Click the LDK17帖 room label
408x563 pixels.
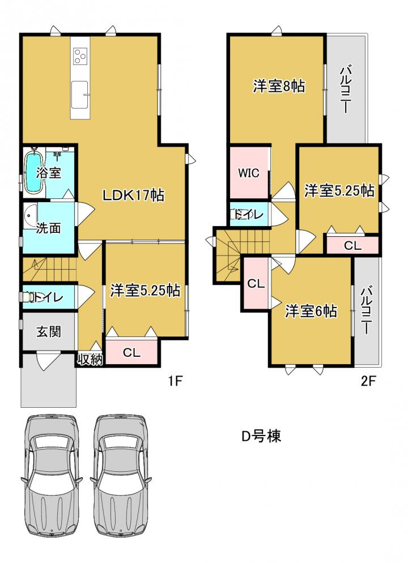pos(133,195)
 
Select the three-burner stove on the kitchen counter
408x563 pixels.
pos(80,57)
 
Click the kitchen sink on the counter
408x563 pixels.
pos(79,95)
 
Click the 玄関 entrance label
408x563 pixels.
pos(49,331)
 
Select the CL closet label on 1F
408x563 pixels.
pos(131,352)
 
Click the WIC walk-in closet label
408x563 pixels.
pos(249,173)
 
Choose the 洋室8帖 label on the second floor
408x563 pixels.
pos(279,86)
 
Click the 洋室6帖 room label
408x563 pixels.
pos(311,311)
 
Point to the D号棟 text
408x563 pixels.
pos(261,436)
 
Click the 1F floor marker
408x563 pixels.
pos(176,381)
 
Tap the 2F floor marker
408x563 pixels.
pos(368,381)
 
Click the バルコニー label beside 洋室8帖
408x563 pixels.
pos(346,89)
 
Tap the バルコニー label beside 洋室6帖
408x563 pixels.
pos(367,309)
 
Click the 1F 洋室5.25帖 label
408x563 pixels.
pos(145,290)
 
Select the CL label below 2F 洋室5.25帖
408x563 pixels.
pos(352,246)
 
